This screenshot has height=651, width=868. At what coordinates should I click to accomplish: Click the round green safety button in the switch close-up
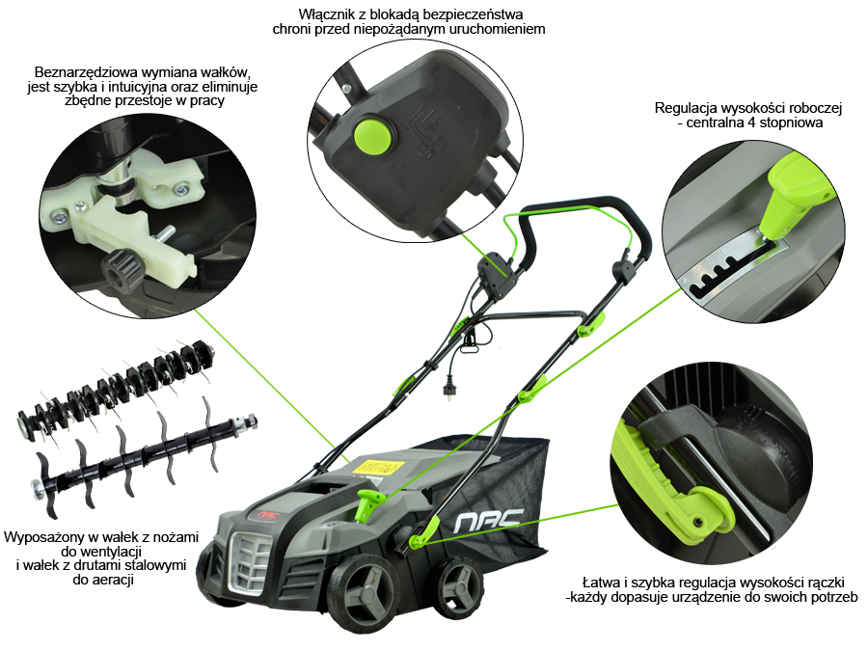click(372, 135)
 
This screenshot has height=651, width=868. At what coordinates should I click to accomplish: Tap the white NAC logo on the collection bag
click(487, 521)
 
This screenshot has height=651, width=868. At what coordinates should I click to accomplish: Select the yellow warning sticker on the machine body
click(376, 466)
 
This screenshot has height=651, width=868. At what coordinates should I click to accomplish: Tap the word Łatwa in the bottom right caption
click(600, 583)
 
